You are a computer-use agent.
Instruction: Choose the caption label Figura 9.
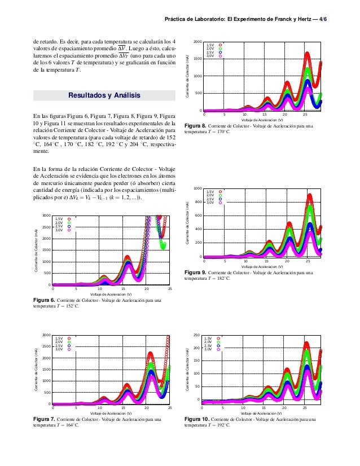(195, 272)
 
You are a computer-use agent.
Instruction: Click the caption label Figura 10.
(196, 419)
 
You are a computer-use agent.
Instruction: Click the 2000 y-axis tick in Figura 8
(197, 42)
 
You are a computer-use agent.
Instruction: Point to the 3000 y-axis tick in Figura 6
(46, 216)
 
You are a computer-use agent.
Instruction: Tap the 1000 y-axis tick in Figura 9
(197, 188)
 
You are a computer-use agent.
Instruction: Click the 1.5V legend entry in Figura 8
(210, 45)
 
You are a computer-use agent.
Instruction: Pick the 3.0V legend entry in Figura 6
(59, 230)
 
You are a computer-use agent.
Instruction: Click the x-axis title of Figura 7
(111, 414)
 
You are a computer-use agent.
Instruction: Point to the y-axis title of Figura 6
(36, 250)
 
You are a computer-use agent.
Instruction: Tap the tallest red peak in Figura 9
(310, 196)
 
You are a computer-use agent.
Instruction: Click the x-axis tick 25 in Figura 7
(170, 407)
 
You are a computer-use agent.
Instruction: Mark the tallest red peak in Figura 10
(306, 343)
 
